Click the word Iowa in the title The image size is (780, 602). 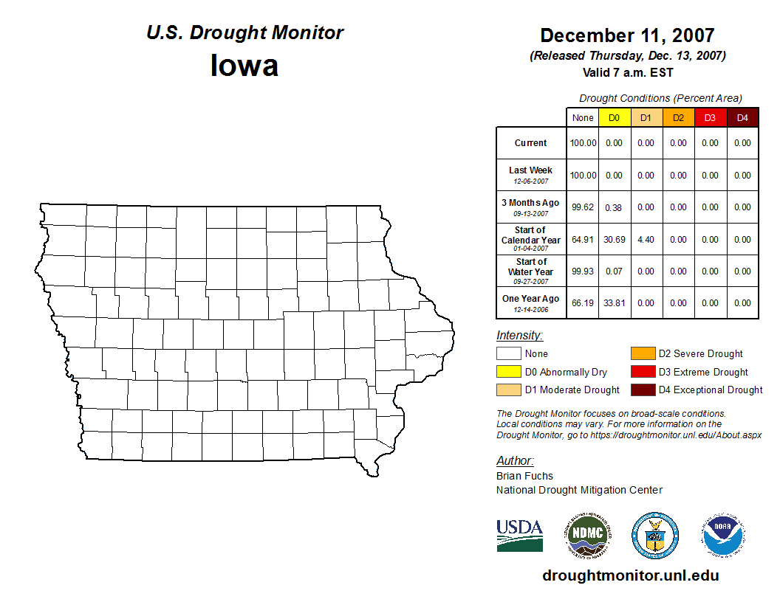(x=244, y=66)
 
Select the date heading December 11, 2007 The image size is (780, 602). (x=627, y=35)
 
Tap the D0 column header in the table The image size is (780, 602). (x=614, y=118)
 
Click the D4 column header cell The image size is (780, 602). (x=742, y=118)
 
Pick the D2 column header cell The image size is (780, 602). (x=678, y=118)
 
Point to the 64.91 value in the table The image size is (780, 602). (x=583, y=240)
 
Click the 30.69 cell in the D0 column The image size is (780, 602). (x=614, y=240)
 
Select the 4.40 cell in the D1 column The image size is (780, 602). (x=646, y=240)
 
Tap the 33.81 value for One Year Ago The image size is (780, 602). (x=614, y=303)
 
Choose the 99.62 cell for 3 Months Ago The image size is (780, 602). (x=583, y=207)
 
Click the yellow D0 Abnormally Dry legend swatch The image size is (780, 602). (x=508, y=372)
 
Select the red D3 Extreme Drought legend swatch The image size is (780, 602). (x=643, y=372)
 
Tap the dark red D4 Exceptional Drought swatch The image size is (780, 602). (x=643, y=390)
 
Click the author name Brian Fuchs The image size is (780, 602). (x=524, y=476)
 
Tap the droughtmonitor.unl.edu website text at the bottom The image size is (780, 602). (x=631, y=575)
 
